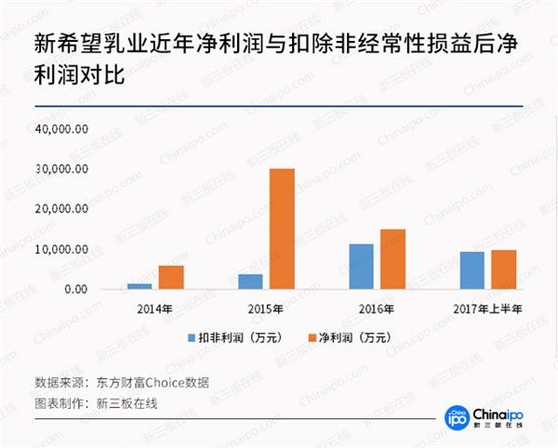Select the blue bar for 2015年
coord(250,282)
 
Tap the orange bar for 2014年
coord(170,277)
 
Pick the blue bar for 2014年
coord(139,286)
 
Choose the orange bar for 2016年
coord(392,259)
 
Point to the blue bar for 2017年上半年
coord(472,270)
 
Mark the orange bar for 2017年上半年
coord(503,270)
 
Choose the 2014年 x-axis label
coord(154,309)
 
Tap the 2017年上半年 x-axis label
coord(487,309)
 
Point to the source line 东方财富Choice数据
coord(154,382)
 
